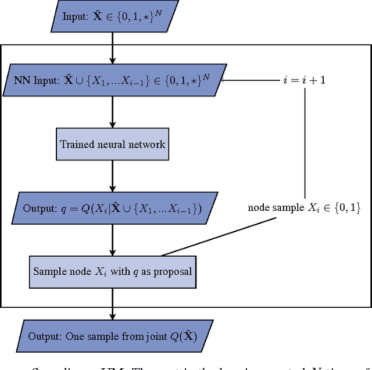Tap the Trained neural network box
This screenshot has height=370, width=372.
[113, 143]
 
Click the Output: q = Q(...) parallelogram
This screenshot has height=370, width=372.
[112, 207]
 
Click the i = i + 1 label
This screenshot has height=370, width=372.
[304, 80]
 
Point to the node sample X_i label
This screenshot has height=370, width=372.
[304, 207]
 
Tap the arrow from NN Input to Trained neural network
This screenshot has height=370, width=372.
[113, 112]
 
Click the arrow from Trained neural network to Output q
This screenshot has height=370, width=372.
[113, 175]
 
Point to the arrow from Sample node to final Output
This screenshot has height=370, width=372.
[113, 303]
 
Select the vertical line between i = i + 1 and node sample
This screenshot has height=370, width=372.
[305, 142]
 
